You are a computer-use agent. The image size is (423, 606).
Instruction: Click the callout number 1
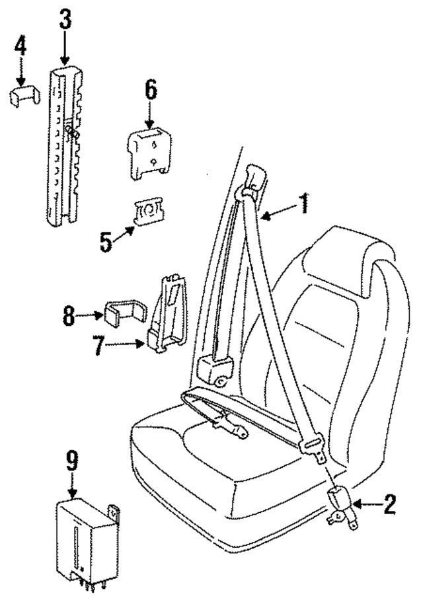coord(303,204)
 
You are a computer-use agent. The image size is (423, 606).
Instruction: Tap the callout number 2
coord(389,506)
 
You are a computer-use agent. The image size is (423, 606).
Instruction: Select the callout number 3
coord(64,20)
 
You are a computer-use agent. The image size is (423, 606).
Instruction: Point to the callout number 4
coord(21,47)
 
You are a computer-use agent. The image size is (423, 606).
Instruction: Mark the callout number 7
coord(98,346)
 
